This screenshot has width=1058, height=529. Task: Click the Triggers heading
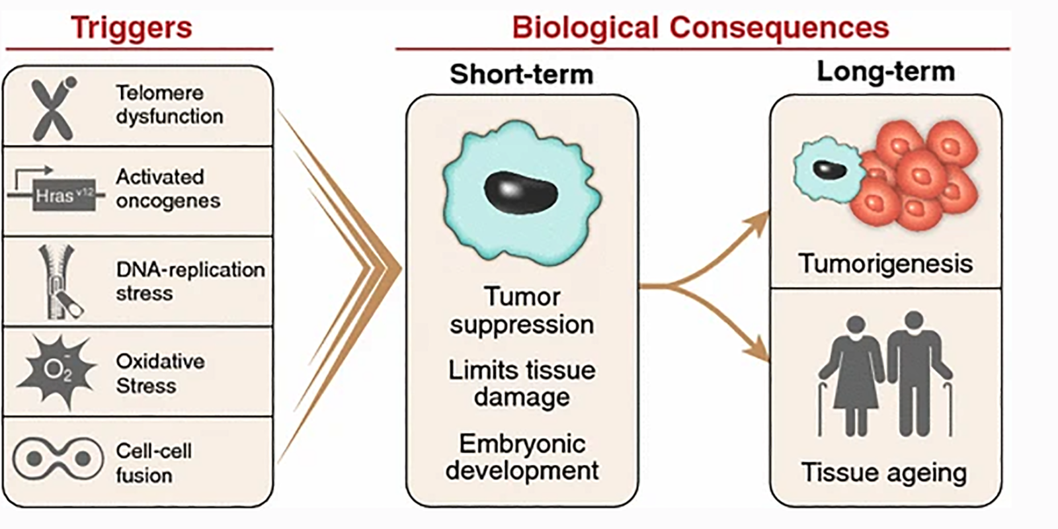tap(131, 28)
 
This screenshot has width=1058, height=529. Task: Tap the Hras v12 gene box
tap(64, 195)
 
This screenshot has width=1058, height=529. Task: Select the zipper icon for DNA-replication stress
tap(60, 281)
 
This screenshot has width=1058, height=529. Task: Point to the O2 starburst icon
tap(57, 369)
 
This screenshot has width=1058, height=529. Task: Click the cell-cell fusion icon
tap(58, 458)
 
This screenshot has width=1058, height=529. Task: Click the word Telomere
tap(159, 93)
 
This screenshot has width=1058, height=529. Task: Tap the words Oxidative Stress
tap(160, 373)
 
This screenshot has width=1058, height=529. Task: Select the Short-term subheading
tap(521, 74)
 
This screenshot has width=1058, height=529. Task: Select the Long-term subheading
tap(885, 71)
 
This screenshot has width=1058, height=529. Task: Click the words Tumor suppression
tap(522, 310)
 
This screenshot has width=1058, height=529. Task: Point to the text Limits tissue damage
tap(522, 383)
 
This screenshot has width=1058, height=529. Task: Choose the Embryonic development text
tap(522, 457)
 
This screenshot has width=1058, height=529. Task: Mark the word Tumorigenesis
tap(885, 264)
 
